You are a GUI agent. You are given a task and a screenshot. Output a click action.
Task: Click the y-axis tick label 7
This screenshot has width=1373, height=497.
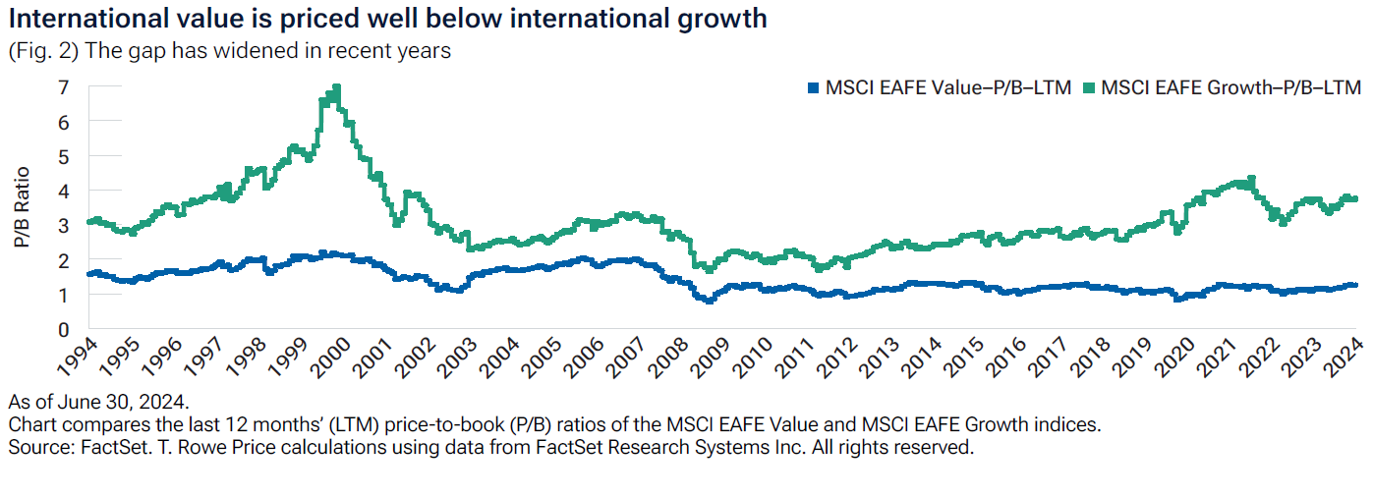(x=64, y=87)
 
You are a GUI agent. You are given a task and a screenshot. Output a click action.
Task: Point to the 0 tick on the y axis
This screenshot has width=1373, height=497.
(x=64, y=329)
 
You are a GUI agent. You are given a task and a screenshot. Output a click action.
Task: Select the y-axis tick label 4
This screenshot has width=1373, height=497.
(x=64, y=191)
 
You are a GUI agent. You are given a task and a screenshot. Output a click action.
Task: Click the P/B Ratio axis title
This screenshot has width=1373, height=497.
(x=22, y=208)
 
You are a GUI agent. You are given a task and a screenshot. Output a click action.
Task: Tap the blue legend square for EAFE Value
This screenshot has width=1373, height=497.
(x=812, y=88)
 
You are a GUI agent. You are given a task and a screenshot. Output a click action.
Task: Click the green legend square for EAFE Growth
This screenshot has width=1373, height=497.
(x=1088, y=88)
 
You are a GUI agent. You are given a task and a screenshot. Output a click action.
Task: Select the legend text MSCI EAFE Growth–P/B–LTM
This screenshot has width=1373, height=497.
(x=1230, y=88)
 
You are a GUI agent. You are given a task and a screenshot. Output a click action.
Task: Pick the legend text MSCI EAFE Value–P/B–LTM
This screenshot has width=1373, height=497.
(x=947, y=88)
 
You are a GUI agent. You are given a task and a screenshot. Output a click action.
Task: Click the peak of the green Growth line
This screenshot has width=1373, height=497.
(x=337, y=86)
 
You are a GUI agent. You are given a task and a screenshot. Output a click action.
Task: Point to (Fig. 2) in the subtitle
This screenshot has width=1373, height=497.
(x=43, y=51)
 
